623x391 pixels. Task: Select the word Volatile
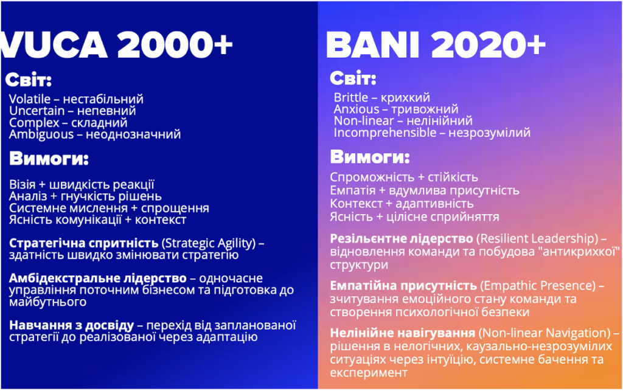[x=29, y=99]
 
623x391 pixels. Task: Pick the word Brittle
[x=351, y=98]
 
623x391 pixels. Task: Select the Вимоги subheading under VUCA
[x=49, y=159]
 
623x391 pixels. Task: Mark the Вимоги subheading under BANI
[x=370, y=157]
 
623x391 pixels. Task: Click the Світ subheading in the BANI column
[x=353, y=78]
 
